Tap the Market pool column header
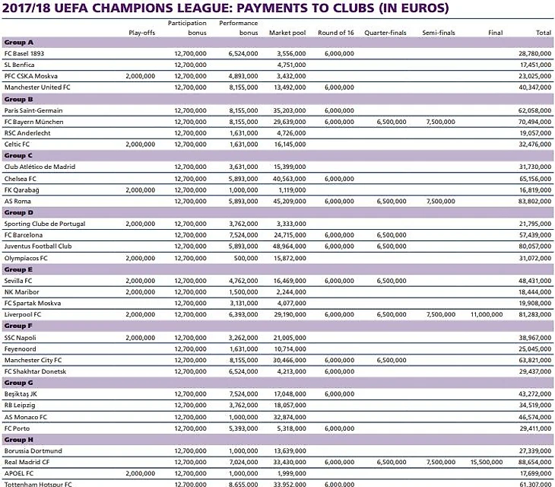coord(287,33)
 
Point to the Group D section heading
coord(18,212)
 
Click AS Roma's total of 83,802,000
coord(534,201)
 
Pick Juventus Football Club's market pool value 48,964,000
coord(289,247)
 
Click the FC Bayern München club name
coord(33,122)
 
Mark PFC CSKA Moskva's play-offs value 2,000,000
coord(139,76)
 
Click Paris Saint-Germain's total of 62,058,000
coord(534,110)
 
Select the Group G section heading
coord(18,383)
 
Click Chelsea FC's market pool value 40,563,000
coord(289,178)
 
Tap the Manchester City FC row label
coord(33,360)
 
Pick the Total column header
coord(543,33)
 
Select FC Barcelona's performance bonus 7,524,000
coord(243,235)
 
